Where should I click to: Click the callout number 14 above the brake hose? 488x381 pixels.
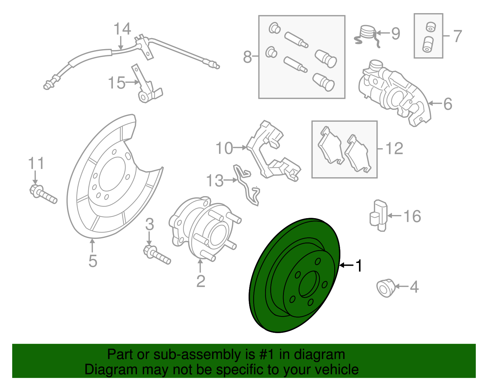coord(122,29)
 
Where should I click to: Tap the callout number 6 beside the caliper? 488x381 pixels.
coord(447,104)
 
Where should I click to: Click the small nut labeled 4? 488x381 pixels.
coord(386,288)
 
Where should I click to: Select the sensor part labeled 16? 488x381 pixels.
coord(379,215)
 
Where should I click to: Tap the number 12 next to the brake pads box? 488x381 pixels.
coord(394,149)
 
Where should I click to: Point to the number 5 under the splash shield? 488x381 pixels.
coord(93,261)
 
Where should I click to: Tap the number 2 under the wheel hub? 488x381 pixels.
coord(200,281)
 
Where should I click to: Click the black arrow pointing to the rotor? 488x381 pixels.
coord(346,265)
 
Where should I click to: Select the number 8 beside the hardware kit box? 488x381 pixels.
coord(247,57)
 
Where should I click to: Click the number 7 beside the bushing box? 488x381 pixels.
coord(457,36)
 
